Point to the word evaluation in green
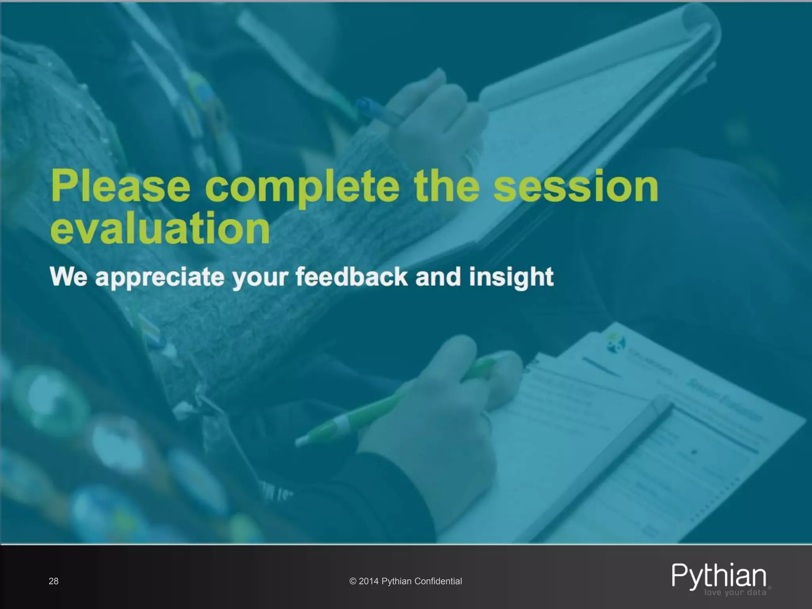pyautogui.click(x=160, y=229)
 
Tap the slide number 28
pyautogui.click(x=54, y=581)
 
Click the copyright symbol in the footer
pyautogui.click(x=353, y=581)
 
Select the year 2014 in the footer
pyautogui.click(x=369, y=581)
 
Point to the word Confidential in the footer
pyautogui.click(x=438, y=581)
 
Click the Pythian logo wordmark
pyautogui.click(x=719, y=575)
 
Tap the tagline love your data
pyautogui.click(x=735, y=593)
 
